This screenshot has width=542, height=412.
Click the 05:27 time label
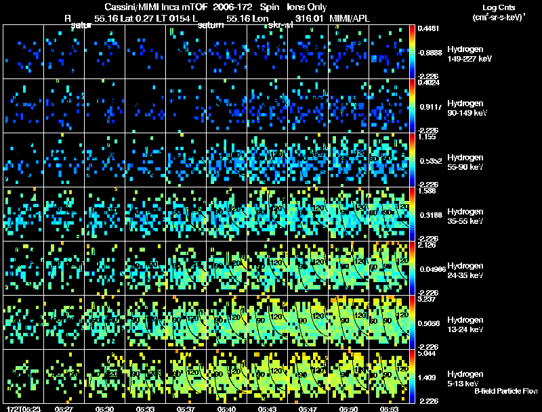(x=64, y=409)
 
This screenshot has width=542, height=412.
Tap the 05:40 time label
(x=226, y=409)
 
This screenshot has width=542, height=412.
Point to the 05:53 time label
(x=389, y=409)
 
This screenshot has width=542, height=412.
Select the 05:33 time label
(x=145, y=409)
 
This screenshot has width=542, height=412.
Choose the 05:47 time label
(x=308, y=409)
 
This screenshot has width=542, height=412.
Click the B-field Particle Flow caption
(x=505, y=391)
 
